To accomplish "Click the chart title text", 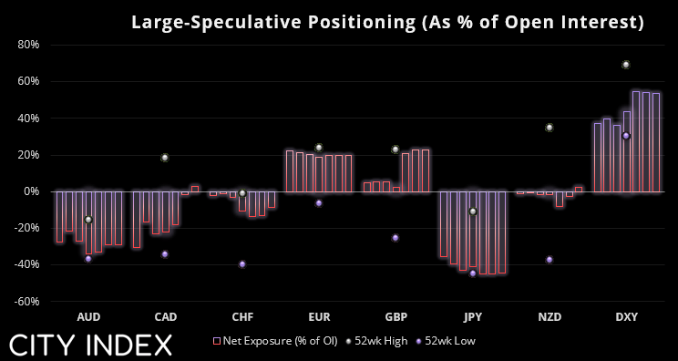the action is coord(387,23).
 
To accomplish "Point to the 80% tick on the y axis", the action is coord(28,45).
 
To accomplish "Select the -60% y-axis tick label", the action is coord(26,302).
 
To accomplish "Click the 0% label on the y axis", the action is coord(31,191).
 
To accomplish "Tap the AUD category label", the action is coord(88,317).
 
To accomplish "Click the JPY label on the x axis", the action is coord(473,317).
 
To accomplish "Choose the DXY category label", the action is coord(627,317).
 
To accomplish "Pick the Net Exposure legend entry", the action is coord(275,341).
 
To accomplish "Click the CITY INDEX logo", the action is coord(90,345).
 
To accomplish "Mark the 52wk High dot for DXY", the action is coord(626,65).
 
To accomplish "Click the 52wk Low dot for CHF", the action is coord(242,264).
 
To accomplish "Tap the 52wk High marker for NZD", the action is coord(550,128).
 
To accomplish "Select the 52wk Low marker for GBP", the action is coord(395,238).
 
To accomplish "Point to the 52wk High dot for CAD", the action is coord(165,158).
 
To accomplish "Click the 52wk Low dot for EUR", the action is coord(319,203).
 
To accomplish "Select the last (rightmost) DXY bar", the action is coord(655,142).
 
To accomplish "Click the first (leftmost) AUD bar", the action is coord(59,217).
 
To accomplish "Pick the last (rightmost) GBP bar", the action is coord(426,170).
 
